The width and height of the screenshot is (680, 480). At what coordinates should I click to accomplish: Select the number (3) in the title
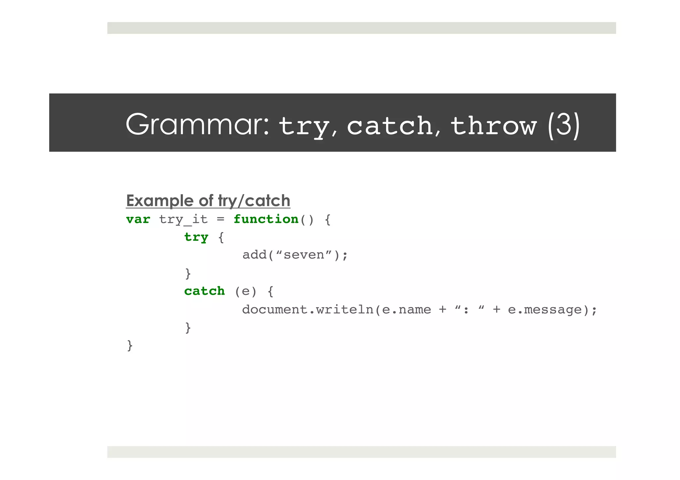point(563,125)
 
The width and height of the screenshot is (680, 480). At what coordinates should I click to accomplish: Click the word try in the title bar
point(303,126)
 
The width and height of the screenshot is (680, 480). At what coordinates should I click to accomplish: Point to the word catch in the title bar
point(390,126)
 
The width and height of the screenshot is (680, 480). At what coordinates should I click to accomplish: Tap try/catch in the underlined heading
point(254,201)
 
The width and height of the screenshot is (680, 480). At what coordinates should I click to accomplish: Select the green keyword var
point(138,219)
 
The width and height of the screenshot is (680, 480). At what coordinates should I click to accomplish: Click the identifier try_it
point(183,219)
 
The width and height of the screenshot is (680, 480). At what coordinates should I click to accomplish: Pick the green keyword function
point(266,219)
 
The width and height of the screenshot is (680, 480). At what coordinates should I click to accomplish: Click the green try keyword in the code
point(196,237)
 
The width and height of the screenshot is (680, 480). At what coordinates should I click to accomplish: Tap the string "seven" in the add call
point(303,255)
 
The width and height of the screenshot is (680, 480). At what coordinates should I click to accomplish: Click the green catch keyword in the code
point(205,291)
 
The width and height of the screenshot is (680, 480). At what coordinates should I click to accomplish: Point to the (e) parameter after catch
point(246,291)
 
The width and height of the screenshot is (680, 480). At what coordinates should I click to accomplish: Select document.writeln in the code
point(307,309)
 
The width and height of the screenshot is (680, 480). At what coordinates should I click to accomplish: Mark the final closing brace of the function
point(130,345)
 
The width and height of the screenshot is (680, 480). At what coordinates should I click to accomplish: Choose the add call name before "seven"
point(254,255)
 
